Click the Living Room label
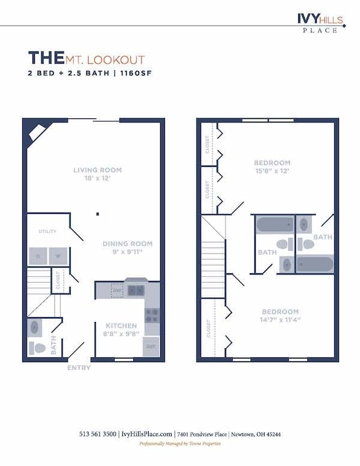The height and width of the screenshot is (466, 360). click(94, 170)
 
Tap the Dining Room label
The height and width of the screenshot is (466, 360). click(127, 244)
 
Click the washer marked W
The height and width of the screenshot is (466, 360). click(58, 256)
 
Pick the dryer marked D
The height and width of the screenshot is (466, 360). click(38, 256)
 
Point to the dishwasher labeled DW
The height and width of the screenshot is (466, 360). click(118, 291)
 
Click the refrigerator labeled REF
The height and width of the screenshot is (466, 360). click(151, 346)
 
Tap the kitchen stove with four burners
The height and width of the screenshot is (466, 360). click(152, 315)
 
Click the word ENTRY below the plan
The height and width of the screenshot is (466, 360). click(79, 368)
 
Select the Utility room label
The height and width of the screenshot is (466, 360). click(47, 231)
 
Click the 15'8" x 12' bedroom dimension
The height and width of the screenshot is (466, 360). click(272, 171)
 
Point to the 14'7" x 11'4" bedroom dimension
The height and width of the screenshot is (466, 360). click(280, 320)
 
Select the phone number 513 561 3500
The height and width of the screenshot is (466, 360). click(98, 434)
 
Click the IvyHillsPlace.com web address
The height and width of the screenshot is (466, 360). click(147, 434)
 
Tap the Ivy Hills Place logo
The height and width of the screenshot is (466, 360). click(320, 23)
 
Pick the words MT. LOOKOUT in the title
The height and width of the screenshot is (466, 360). click(105, 60)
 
